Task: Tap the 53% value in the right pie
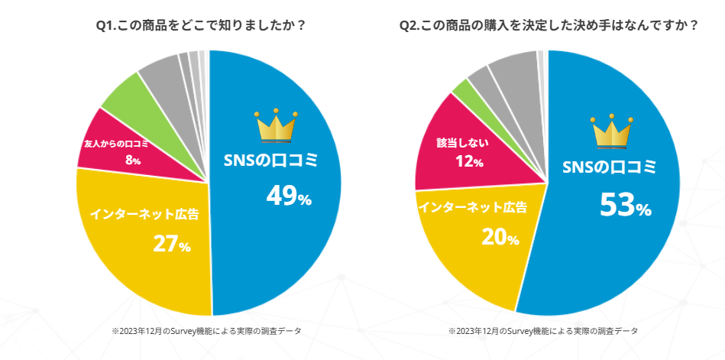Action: pyautogui.click(x=624, y=205)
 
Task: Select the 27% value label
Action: pyautogui.click(x=172, y=244)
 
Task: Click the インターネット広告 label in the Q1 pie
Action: pyautogui.click(x=145, y=214)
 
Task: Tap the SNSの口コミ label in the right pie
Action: pyautogui.click(x=620, y=168)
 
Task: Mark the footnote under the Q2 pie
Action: pyautogui.click(x=543, y=331)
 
